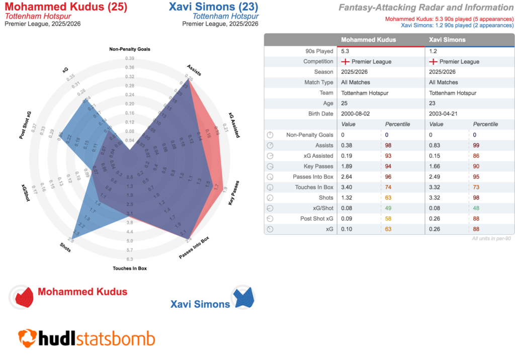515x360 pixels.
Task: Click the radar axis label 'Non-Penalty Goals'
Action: [130, 49]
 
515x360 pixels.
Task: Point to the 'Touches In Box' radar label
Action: [130, 268]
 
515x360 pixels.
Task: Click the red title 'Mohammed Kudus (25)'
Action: [66, 8]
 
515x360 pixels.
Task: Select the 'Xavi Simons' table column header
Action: [447, 40]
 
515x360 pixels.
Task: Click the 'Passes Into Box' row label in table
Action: [313, 177]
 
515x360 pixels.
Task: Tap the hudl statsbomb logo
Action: [87, 338]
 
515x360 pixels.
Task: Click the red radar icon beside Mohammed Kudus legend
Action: [23, 297]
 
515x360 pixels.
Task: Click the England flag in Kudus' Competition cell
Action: [346, 61]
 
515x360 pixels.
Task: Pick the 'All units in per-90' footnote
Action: [491, 238]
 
